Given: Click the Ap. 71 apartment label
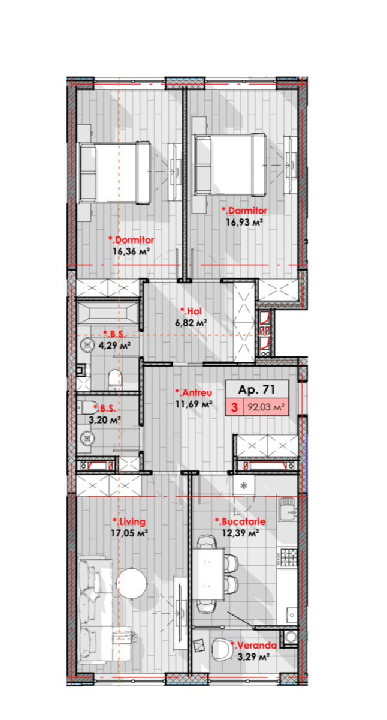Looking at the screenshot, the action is point(256,389).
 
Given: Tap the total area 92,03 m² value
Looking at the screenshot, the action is point(266,407).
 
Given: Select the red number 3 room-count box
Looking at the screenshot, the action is point(234,407).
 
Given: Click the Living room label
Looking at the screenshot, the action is point(129,521).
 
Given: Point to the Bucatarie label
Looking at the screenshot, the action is point(240,521).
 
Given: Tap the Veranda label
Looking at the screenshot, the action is point(253,645).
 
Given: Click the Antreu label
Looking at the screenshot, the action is point(193,392).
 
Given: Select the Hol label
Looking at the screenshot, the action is point(191,311).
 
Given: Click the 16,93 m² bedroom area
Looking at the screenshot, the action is point(244,222).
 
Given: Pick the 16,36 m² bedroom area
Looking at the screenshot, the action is point(131,251).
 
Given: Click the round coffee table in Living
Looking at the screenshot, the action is point(132,583).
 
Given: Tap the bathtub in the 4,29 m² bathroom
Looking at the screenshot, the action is point(108,313).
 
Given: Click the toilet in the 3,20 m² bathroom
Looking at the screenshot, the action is point(89,407).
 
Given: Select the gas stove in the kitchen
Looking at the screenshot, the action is point(289,557).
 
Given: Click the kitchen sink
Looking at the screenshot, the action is point(288,509).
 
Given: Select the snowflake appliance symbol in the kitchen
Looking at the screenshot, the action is point(244,485).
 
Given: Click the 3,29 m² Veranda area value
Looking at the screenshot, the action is point(253,656).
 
